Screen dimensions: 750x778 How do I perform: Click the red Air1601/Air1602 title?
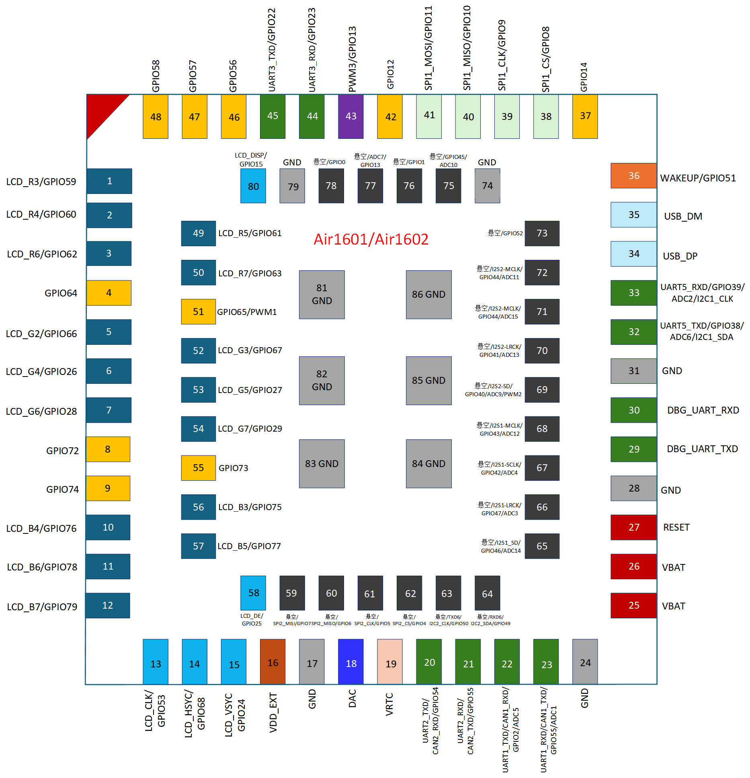click(371, 239)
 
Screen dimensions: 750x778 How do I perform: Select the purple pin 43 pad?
click(351, 117)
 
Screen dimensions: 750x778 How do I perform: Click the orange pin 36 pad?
click(633, 176)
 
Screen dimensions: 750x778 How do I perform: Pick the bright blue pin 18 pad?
click(351, 662)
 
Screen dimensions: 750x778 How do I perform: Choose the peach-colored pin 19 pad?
click(390, 662)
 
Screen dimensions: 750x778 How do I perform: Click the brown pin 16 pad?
click(273, 662)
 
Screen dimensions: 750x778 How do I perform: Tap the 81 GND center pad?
click(322, 294)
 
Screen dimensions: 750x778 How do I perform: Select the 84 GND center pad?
click(429, 464)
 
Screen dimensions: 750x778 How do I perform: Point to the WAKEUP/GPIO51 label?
click(698, 178)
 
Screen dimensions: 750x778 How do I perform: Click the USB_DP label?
click(680, 256)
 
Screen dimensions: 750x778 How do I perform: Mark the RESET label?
click(676, 527)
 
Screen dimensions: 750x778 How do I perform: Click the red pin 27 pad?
click(633, 527)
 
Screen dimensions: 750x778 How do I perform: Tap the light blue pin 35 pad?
click(633, 215)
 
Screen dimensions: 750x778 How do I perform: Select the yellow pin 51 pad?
click(199, 312)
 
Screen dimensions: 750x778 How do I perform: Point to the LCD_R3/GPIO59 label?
click(41, 182)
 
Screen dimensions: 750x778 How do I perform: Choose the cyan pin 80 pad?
click(253, 186)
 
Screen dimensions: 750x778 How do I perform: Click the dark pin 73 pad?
click(542, 233)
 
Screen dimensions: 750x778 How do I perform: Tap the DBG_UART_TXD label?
click(703, 449)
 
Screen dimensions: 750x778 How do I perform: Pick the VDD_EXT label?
click(273, 712)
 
